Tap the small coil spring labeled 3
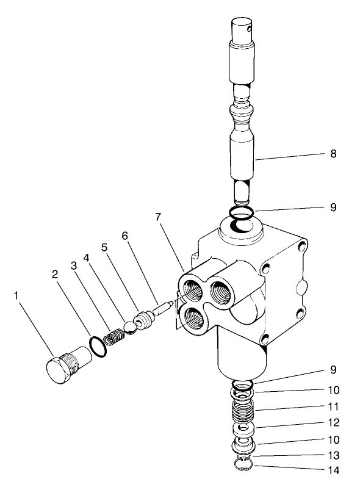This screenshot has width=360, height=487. tap(113, 336)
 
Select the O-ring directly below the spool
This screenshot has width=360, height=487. tap(243, 212)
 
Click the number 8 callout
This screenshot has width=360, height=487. tap(334, 154)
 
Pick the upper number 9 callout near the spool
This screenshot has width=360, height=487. tap(334, 207)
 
